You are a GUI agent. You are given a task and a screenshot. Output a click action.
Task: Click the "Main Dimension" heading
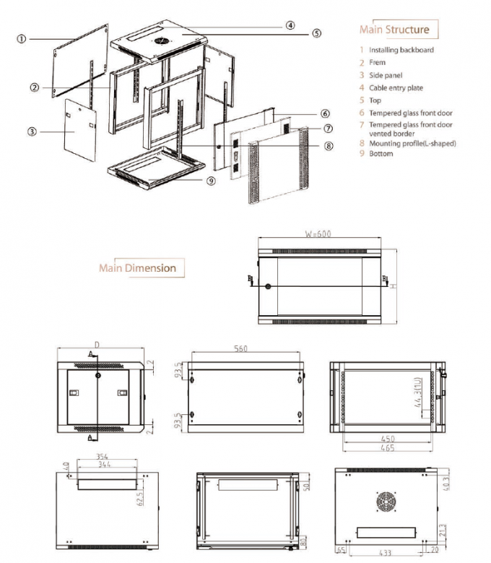point(137,268)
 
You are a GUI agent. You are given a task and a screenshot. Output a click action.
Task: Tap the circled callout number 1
point(22,38)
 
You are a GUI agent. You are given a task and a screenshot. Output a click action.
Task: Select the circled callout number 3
point(32,132)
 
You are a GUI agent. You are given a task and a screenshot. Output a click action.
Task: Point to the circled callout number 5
point(317,33)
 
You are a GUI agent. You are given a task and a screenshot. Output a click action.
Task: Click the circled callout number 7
point(328,129)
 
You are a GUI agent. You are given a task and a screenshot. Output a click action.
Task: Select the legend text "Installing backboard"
point(401,50)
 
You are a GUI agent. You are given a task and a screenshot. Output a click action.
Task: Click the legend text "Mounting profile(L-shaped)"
point(412,143)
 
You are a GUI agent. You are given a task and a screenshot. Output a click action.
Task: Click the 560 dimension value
point(240,349)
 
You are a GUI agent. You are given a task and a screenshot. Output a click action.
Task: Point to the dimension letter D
point(96,344)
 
